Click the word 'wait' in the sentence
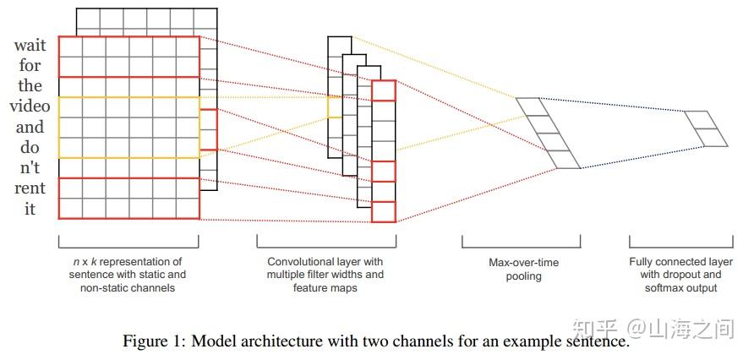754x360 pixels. coord(30,46)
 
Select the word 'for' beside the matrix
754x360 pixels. coord(30,66)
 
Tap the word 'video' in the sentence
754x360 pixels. coord(30,106)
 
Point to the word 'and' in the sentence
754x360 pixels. coord(30,127)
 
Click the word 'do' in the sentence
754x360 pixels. coord(30,147)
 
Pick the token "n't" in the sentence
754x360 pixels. coord(30,167)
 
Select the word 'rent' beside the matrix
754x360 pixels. coord(30,188)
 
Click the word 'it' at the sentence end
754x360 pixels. coord(30,208)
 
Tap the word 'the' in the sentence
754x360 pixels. coord(30,86)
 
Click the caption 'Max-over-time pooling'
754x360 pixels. coord(523,270)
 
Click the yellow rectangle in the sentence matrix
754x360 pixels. coord(129,127)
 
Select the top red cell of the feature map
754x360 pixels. coord(383,90)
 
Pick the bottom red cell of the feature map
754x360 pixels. coord(383,212)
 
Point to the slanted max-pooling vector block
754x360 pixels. coord(548,133)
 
